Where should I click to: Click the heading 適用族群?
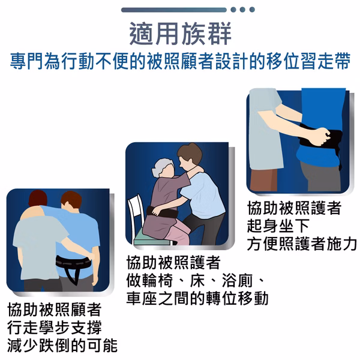point(180,34)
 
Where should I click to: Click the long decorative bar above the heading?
point(174,10)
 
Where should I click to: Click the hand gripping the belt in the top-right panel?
point(322,137)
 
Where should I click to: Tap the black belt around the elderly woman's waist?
point(163,212)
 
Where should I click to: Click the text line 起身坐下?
point(278,226)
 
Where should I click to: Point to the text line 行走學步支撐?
point(55,328)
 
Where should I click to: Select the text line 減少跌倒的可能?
point(62,346)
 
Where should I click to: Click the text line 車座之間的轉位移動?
point(197,298)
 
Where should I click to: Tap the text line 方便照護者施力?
point(302,244)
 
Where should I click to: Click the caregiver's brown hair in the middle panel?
point(190,152)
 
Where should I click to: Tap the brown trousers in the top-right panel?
point(265,180)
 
